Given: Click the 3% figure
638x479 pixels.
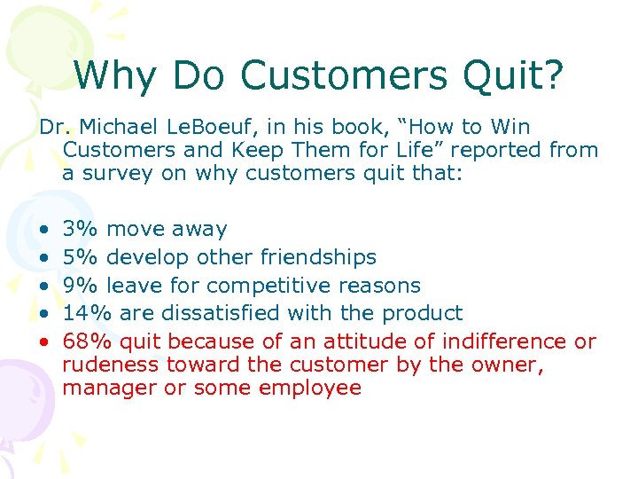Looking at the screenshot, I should click(81, 229).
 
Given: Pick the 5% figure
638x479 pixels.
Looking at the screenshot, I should click(81, 257).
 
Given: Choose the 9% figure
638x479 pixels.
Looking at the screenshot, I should click(81, 286).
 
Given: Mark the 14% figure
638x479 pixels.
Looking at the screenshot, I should click(87, 313).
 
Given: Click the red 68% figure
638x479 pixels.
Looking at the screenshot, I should click(87, 342).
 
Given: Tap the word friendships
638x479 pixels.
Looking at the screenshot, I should click(318, 257).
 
